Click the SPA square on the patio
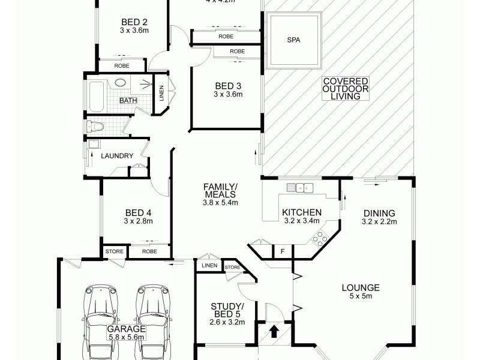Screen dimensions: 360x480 click(294, 41)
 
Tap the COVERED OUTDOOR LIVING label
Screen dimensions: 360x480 click(345, 89)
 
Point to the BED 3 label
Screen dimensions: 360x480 click(227, 85)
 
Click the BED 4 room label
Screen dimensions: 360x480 click(139, 212)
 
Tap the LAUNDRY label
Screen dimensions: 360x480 click(117, 156)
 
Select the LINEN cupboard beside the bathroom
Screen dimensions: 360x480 click(160, 94)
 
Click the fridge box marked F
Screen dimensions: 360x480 click(282, 251)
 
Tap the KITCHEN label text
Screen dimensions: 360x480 click(302, 212)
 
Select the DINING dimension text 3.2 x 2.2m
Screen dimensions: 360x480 click(379, 221)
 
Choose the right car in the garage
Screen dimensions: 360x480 click(154, 318)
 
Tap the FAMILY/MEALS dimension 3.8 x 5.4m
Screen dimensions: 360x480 click(221, 203)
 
